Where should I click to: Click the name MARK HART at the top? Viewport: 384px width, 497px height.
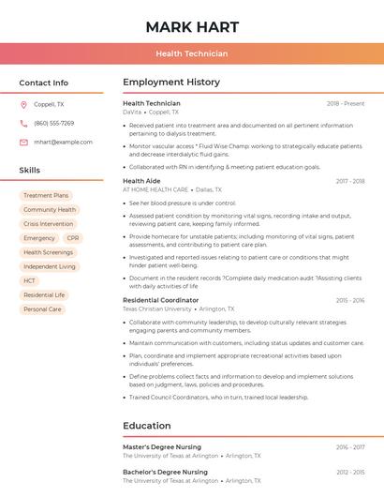click(192, 27)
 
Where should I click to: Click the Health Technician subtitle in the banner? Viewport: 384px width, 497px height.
click(192, 53)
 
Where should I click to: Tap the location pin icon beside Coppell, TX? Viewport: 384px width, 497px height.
click(23, 105)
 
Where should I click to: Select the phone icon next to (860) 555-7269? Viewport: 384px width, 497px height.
click(23, 123)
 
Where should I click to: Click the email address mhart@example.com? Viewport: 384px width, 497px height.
click(63, 142)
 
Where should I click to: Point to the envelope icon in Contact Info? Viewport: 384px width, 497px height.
click(23, 142)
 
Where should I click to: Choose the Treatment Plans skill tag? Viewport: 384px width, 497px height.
click(46, 195)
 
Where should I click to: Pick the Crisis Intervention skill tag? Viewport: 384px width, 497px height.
click(48, 224)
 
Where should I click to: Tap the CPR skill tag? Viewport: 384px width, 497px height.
click(73, 238)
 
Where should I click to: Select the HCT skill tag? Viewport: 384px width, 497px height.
click(30, 280)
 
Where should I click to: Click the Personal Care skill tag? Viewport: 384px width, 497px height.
click(42, 309)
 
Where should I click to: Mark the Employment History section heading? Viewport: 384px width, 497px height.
click(170, 83)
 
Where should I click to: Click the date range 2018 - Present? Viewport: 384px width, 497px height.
click(346, 103)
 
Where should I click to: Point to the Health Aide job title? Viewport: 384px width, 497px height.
click(141, 181)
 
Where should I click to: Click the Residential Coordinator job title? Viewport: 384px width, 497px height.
click(161, 300)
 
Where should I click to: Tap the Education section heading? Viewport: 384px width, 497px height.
click(146, 426)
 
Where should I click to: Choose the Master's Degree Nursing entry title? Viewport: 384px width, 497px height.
click(162, 447)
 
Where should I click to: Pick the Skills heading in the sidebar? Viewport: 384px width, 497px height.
click(30, 171)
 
